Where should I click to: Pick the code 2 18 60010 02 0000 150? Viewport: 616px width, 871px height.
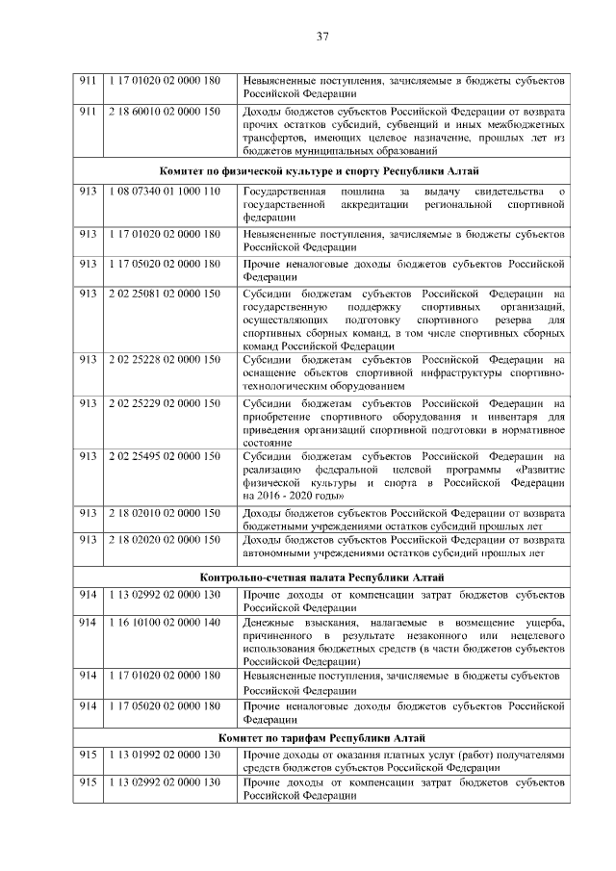[165, 112]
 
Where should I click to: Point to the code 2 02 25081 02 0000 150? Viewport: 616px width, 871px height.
[165, 293]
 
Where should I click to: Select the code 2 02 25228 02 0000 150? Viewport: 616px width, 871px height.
[165, 359]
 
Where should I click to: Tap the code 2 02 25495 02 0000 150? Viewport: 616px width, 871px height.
[165, 455]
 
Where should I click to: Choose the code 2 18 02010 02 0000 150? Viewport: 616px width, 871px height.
[165, 513]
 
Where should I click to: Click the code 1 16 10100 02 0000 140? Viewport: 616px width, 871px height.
[165, 623]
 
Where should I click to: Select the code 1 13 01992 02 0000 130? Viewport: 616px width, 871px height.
[165, 754]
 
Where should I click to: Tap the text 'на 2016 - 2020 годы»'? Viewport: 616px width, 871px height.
[294, 495]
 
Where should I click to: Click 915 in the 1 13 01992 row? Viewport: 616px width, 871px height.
[89, 754]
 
